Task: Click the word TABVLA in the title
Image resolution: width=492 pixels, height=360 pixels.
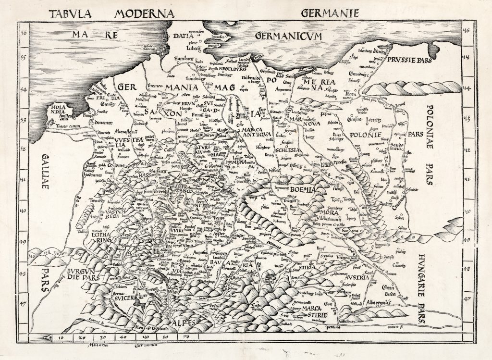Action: pyautogui.click(x=73, y=12)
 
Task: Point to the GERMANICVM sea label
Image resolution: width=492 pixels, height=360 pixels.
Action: pyautogui.click(x=288, y=36)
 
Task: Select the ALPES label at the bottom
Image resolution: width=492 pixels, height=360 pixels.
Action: pyautogui.click(x=184, y=323)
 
